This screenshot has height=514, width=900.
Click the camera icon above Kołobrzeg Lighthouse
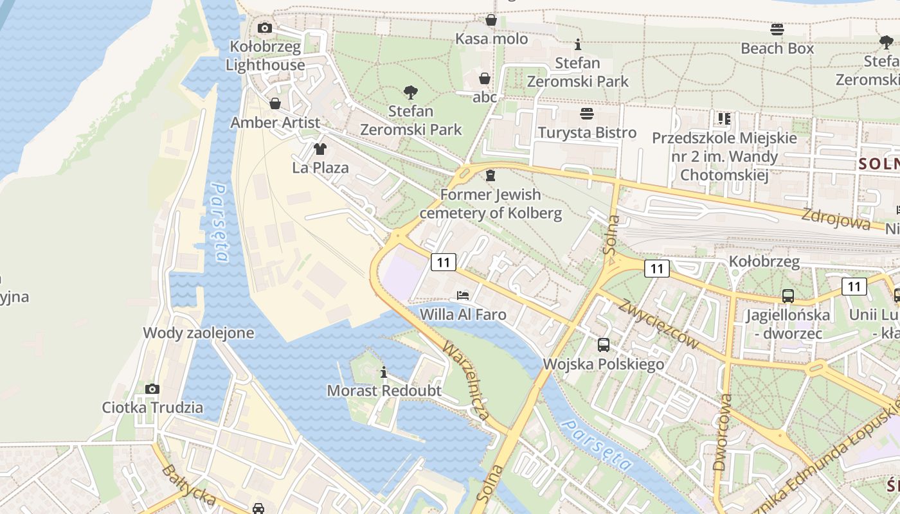point(264,28)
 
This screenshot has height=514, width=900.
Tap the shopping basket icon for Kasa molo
point(491,20)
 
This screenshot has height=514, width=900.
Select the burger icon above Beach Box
point(777,29)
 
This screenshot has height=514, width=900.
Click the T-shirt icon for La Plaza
point(319,149)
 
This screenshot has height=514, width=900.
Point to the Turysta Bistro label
point(587,133)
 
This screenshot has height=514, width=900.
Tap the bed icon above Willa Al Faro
point(463,296)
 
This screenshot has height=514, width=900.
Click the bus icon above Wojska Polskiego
point(604,345)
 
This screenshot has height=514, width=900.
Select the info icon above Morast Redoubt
point(384,372)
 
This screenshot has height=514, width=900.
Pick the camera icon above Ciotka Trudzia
point(152,389)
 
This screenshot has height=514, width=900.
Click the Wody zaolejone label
point(199,333)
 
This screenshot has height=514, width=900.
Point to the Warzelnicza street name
point(465,380)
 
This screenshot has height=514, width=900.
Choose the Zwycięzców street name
point(658,324)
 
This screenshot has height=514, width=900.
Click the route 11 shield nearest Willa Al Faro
point(444,262)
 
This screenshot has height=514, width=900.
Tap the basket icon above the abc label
point(485,78)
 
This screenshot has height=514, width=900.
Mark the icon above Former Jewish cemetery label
point(491,175)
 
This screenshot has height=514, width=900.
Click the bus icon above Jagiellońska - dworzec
point(788,296)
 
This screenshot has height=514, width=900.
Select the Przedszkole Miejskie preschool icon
point(724,119)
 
